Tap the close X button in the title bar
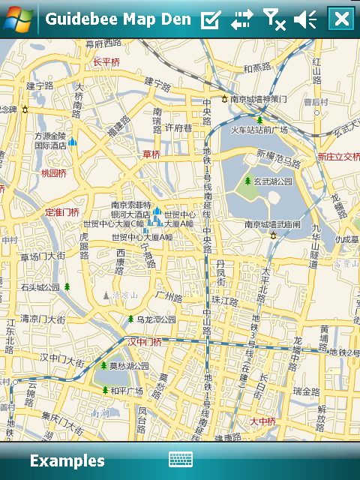341,19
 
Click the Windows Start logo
17,19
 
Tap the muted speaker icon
306,19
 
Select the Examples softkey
67,460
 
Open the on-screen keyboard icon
181,460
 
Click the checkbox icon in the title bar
211,19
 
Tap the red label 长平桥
106,62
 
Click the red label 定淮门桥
62,212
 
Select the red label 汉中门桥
144,342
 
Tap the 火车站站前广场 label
259,130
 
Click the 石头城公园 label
40,286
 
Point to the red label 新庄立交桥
338,157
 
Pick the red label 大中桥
264,421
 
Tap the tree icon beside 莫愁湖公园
103,366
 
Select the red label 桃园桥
54,173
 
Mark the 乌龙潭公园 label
155,319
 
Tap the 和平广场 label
127,391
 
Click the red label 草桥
151,154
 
